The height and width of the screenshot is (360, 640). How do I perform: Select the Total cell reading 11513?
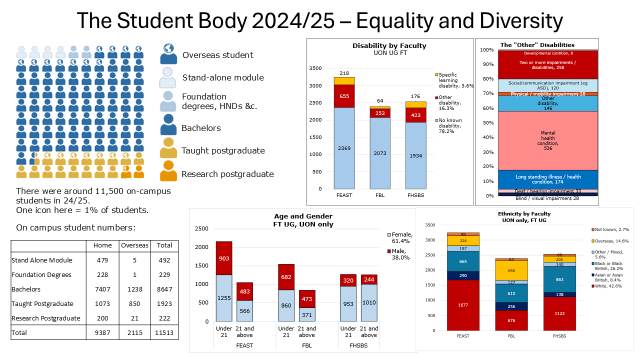pyautogui.click(x=164, y=332)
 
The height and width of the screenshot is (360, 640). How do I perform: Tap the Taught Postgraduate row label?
pyautogui.click(x=42, y=303)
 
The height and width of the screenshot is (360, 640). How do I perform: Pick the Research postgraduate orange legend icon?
pyautogui.click(x=168, y=171)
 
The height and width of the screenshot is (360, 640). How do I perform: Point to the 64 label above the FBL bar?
pyautogui.click(x=380, y=101)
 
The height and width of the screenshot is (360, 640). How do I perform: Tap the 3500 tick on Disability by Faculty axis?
pyautogui.click(x=315, y=68)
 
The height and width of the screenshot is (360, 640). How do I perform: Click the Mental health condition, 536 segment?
pyautogui.click(x=548, y=140)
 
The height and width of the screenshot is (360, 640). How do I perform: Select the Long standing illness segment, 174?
pyautogui.click(x=548, y=179)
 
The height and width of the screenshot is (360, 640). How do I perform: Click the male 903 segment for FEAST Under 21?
pyautogui.click(x=224, y=258)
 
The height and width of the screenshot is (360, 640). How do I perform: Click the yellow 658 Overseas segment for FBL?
pyautogui.click(x=511, y=270)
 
